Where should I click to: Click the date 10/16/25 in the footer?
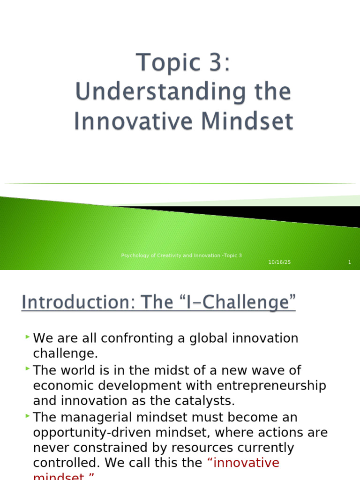(279, 262)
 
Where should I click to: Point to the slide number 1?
(349, 262)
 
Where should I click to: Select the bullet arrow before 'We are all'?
(28, 337)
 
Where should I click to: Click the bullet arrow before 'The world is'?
(28, 368)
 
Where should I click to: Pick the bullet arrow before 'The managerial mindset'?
(28, 415)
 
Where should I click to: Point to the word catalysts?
(209, 401)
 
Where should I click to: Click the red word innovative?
(246, 463)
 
